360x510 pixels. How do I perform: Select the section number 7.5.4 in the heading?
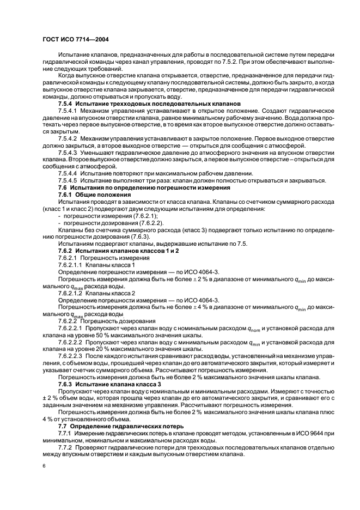click(x=65, y=103)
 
